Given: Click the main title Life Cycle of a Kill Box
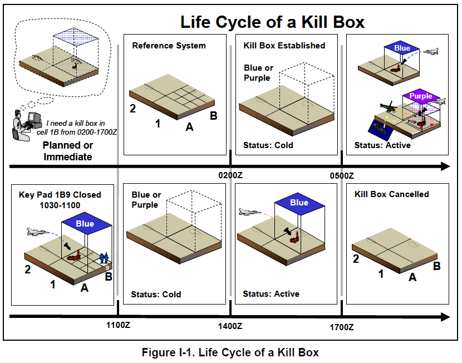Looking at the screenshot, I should (x=272, y=22).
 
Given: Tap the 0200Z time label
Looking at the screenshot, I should (x=231, y=175).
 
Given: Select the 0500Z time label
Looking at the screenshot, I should (x=342, y=175).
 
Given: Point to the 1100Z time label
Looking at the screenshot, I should (x=118, y=327).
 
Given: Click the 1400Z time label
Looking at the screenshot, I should (x=230, y=327).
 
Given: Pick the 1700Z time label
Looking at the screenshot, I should (x=342, y=327).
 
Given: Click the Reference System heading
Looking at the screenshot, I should (x=169, y=46).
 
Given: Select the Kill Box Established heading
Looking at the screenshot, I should (x=284, y=46).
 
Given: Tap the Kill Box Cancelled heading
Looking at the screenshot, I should (x=392, y=194).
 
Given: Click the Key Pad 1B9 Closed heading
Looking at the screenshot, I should (x=60, y=194).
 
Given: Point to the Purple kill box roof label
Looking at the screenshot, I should (x=421, y=96).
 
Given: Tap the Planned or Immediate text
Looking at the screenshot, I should (x=68, y=151).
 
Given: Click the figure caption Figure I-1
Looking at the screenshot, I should (x=230, y=352).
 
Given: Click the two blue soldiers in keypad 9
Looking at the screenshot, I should (x=104, y=258).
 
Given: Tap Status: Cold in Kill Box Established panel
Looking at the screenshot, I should (x=268, y=145).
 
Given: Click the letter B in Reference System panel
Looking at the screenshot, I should (x=213, y=116).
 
